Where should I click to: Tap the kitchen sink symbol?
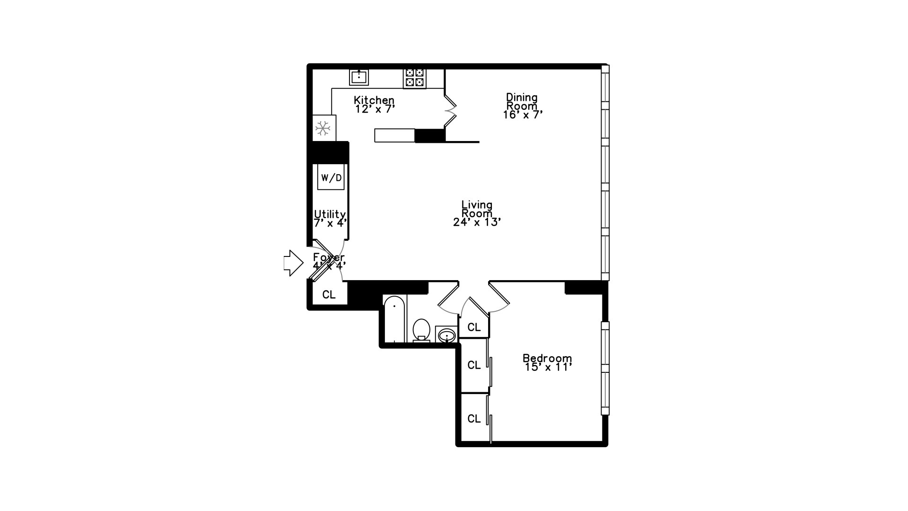[359, 77]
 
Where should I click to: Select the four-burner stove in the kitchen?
[415, 78]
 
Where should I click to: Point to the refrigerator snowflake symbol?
[323, 128]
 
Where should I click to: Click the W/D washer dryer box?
[331, 178]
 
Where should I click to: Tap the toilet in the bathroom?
[421, 329]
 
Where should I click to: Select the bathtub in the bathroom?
[394, 318]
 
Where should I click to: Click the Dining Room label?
[522, 101]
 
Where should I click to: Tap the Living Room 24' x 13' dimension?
[477, 222]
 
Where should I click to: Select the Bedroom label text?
[547, 358]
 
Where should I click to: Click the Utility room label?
[330, 214]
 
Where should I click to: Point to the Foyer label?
[329, 257]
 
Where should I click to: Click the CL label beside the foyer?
[329, 295]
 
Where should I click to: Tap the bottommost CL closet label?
[474, 419]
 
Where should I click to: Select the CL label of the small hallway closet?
[474, 327]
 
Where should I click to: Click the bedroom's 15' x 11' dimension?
[549, 367]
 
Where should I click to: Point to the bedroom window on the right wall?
[605, 368]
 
